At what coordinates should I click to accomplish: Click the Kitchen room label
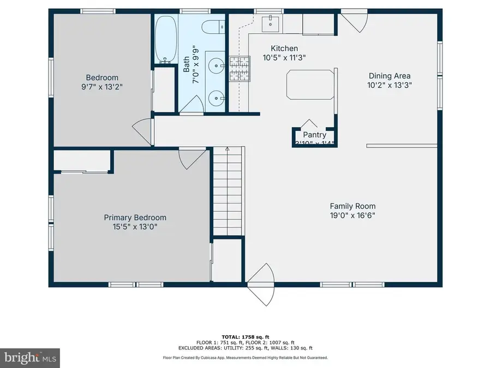pos(280,48)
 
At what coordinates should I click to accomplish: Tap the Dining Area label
pos(390,76)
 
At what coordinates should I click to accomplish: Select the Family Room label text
pos(352,206)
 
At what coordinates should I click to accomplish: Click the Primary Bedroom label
pos(135,218)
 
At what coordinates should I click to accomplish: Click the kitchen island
pos(309,85)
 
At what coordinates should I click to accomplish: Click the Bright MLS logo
pos(30,359)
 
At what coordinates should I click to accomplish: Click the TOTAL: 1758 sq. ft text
pos(245,336)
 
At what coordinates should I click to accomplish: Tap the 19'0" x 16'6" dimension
pos(352,215)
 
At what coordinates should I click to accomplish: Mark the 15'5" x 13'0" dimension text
pos(135,227)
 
